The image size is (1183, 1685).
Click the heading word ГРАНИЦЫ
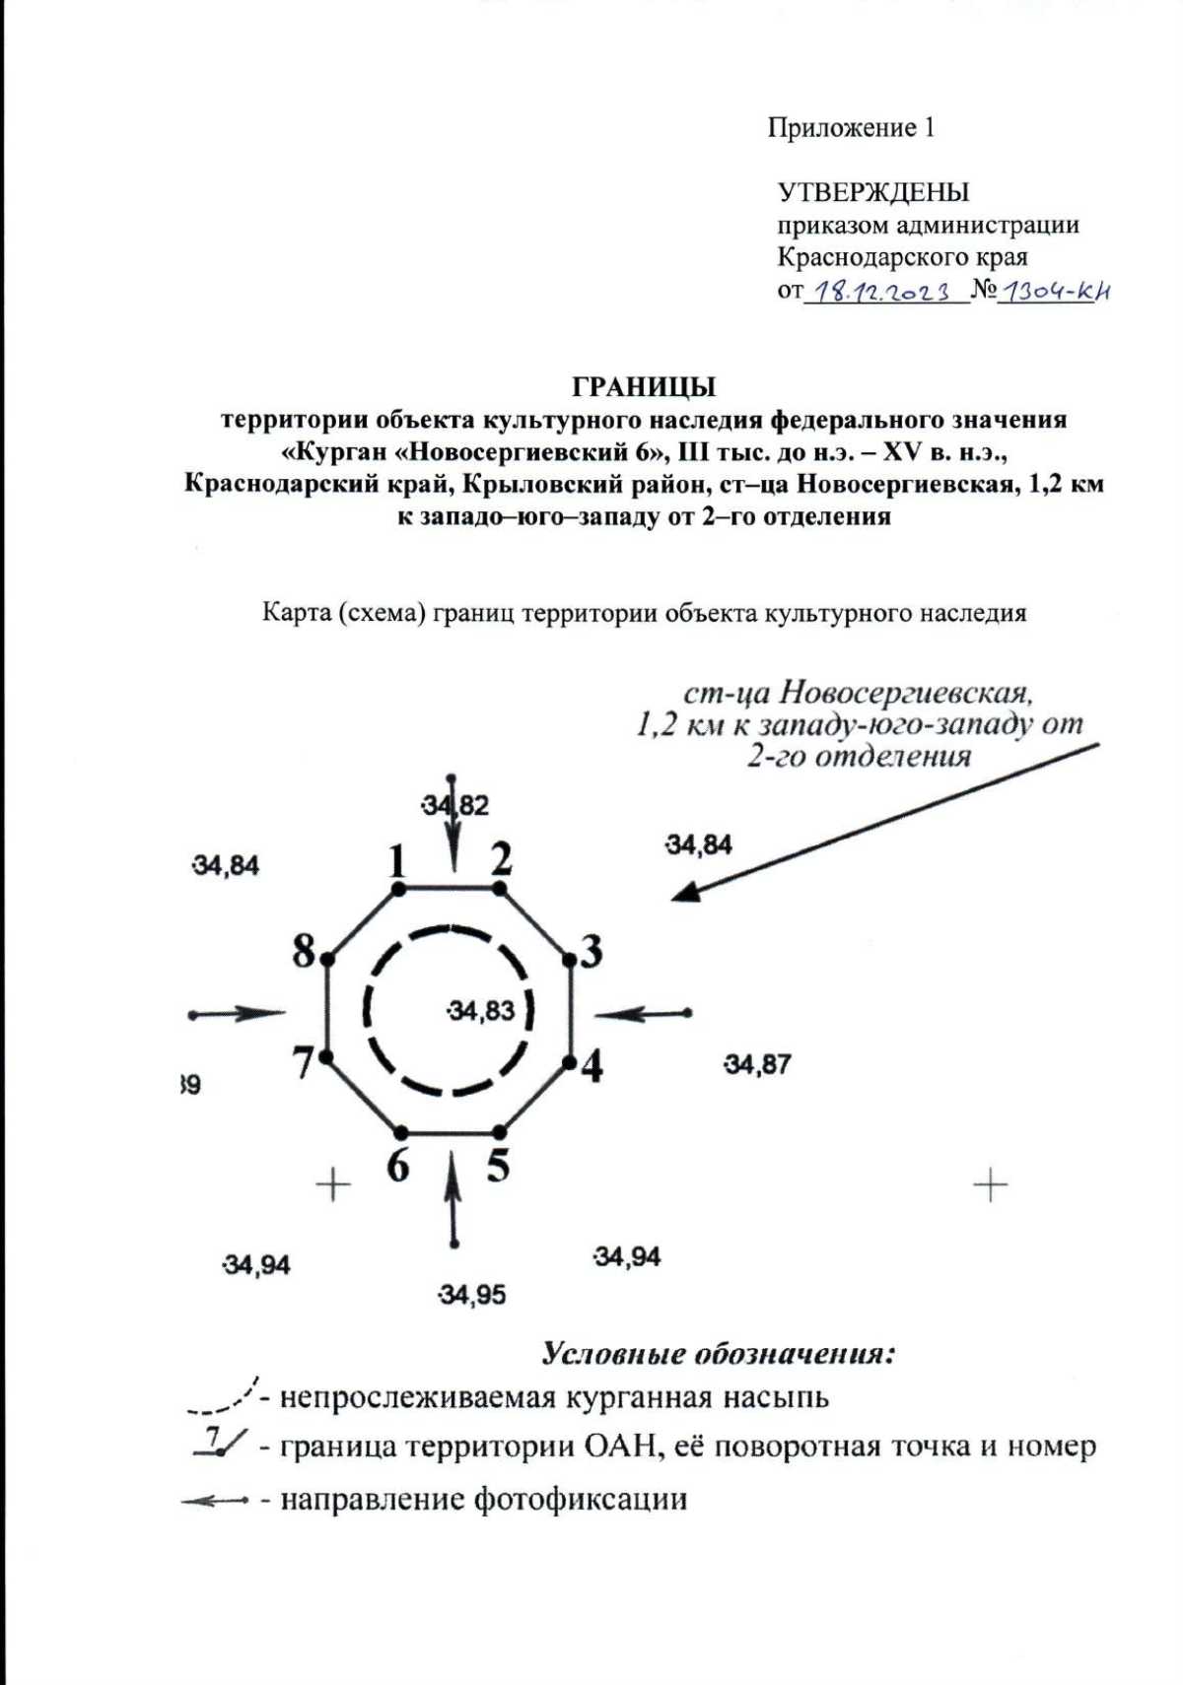click(x=644, y=384)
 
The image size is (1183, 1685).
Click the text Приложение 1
click(x=851, y=128)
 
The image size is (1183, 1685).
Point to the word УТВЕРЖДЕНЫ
click(x=872, y=191)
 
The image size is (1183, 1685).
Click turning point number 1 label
click(x=396, y=862)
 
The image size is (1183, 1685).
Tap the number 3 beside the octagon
click(x=591, y=952)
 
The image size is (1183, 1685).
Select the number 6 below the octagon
click(x=397, y=1166)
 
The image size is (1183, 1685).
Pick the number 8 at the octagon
click(x=304, y=952)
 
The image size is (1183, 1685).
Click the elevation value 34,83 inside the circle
click(x=481, y=1010)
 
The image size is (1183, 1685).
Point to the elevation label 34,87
click(x=757, y=1064)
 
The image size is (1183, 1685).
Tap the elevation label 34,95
click(x=472, y=1295)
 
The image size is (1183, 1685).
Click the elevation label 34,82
click(x=455, y=805)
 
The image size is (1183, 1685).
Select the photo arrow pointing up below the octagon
click(x=453, y=1197)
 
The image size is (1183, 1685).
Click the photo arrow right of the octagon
click(x=641, y=1013)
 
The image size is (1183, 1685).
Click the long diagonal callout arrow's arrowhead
click(x=686, y=892)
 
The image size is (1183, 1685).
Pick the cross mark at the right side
click(x=990, y=1184)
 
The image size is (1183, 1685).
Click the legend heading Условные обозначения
click(x=718, y=1354)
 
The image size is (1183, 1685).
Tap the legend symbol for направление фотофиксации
click(x=214, y=1501)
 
